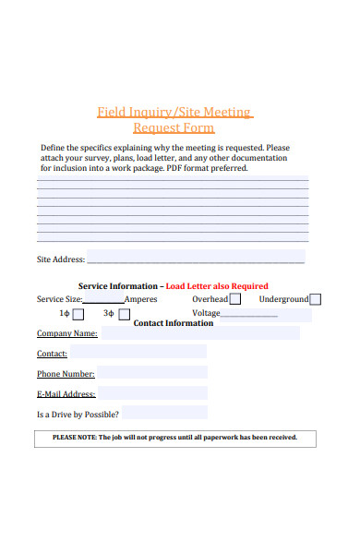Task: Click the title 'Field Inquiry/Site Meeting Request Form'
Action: coord(174,120)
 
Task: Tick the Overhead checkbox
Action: coord(235,299)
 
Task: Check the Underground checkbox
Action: coord(316,299)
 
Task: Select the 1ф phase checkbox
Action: coord(78,314)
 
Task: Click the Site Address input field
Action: coord(196,259)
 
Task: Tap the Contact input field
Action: coord(138,354)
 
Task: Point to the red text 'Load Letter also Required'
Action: coord(217,286)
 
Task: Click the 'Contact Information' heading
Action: coord(174,323)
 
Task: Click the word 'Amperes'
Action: coord(140,299)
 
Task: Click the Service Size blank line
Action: coord(103,301)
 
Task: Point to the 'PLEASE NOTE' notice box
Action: coord(175,438)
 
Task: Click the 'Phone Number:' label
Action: coord(66,374)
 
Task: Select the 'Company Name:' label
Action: coord(66,333)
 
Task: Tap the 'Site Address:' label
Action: coord(61,259)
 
